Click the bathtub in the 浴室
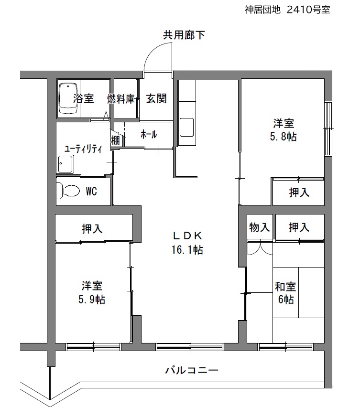click(68, 98)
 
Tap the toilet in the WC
click(68, 191)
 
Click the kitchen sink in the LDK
click(186, 127)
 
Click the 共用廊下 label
click(184, 35)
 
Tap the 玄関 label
click(156, 98)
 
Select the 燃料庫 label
click(121, 99)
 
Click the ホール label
click(149, 134)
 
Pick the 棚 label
click(116, 140)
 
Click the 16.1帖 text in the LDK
click(187, 250)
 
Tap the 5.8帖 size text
click(283, 137)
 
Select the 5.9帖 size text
click(92, 300)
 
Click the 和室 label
click(285, 287)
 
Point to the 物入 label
click(259, 227)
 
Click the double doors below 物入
click(260, 247)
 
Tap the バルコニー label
click(192, 370)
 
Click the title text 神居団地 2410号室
click(287, 10)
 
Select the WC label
click(91, 192)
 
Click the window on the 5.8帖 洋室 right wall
click(328, 129)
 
